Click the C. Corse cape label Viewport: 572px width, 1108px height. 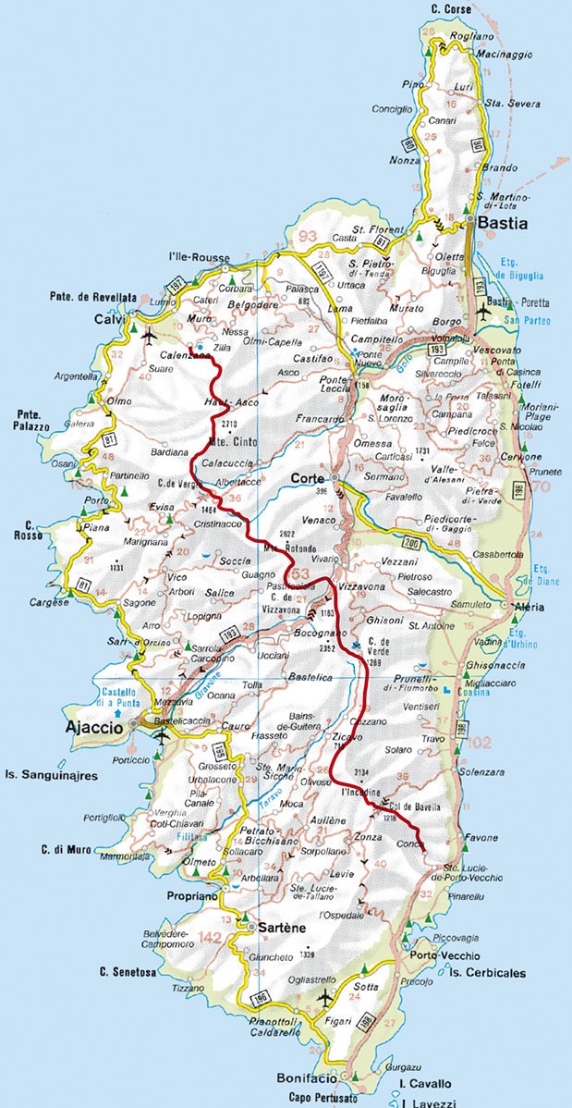point(450,9)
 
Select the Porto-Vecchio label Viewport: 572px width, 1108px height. point(444,955)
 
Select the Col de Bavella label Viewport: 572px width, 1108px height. point(411,806)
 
